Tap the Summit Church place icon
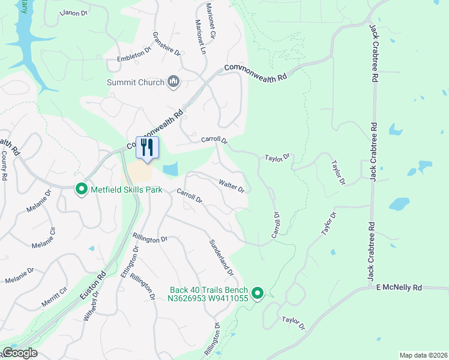click(173, 81)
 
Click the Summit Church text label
click(134, 82)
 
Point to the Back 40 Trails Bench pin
click(258, 293)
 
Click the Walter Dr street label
click(232, 185)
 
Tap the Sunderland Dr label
click(221, 258)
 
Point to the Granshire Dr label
click(167, 44)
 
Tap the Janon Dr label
click(76, 12)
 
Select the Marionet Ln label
click(200, 35)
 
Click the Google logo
click(20, 353)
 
